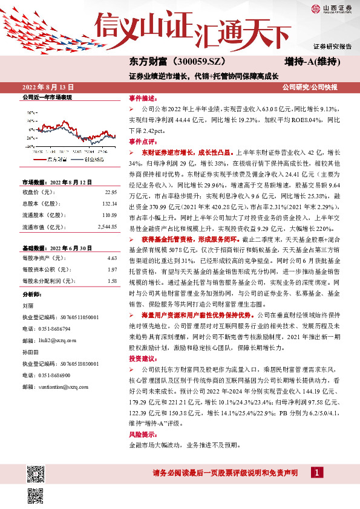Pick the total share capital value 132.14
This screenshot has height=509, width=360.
point(110,203)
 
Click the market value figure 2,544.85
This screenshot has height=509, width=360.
point(106,227)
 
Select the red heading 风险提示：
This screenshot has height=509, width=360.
point(143,435)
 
